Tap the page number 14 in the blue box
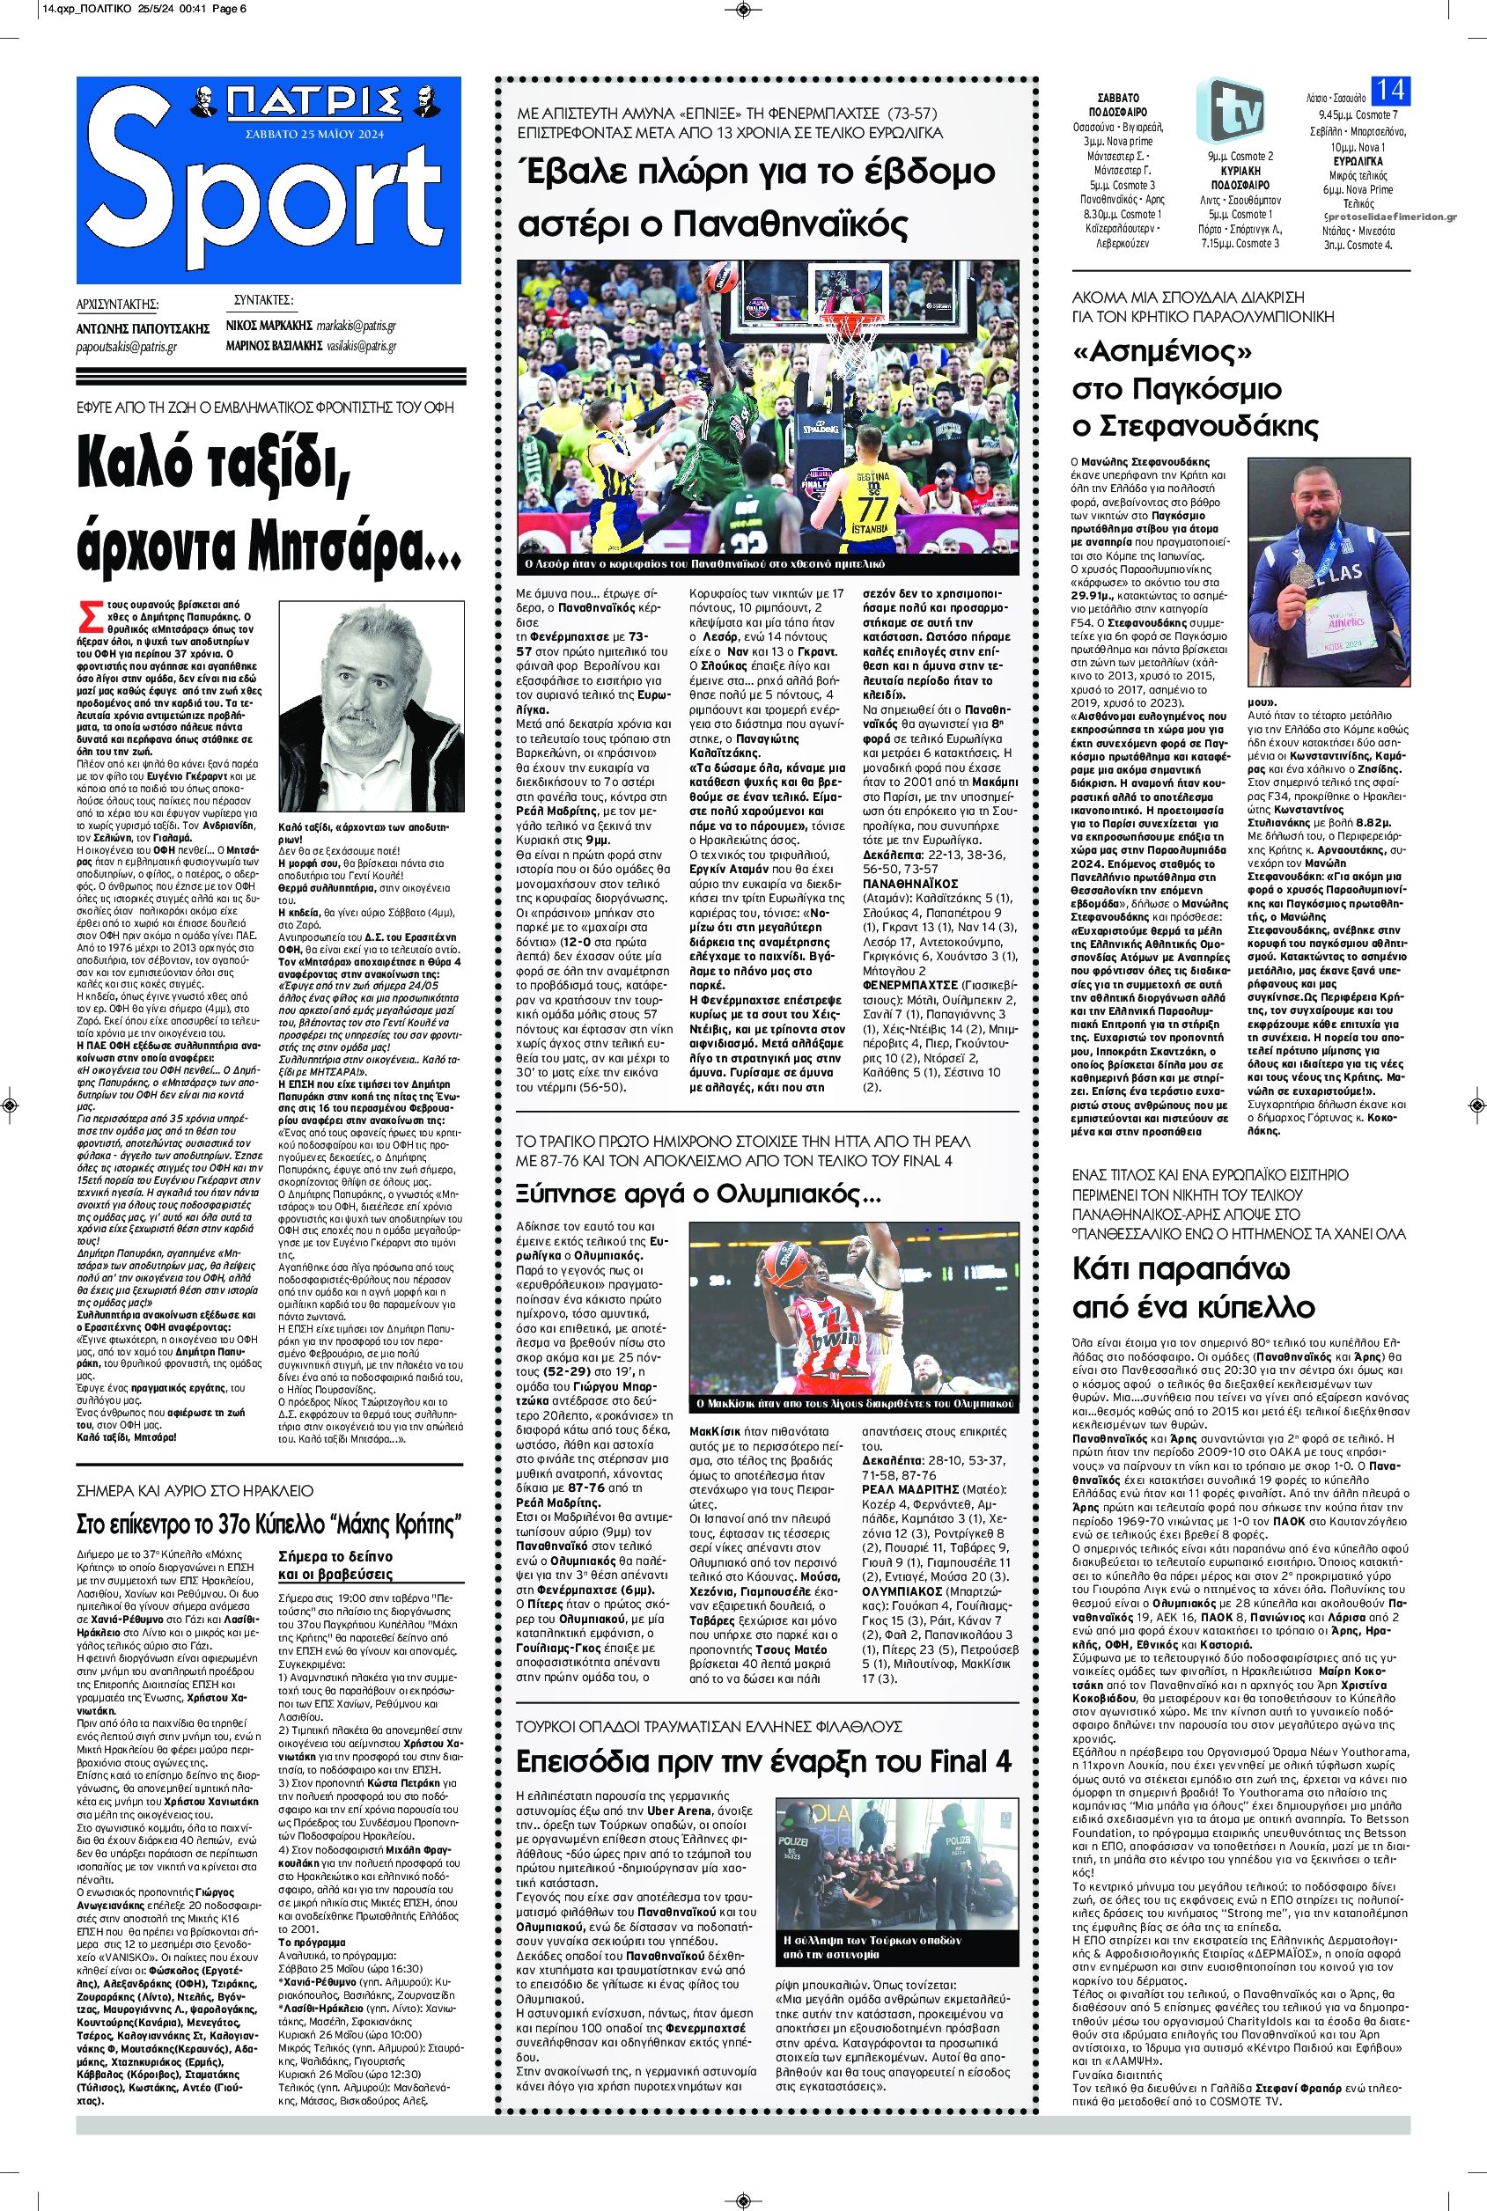click(1390, 91)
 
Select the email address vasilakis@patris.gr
click(356, 346)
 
